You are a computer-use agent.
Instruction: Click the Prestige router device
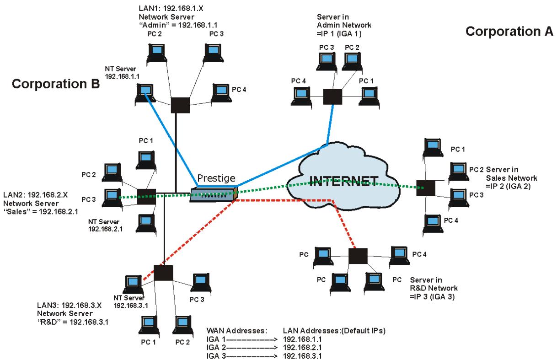click(214, 194)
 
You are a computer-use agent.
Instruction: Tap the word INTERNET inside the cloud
click(343, 181)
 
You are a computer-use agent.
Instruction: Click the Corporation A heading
click(509, 32)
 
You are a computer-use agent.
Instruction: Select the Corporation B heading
click(56, 84)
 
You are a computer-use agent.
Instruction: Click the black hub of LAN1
click(180, 105)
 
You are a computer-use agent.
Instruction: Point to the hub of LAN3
click(163, 273)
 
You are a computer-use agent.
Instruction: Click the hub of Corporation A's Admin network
click(332, 97)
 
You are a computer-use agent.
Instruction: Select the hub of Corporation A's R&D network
click(358, 256)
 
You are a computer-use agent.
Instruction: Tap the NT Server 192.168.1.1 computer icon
click(145, 94)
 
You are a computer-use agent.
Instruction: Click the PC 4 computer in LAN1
click(221, 94)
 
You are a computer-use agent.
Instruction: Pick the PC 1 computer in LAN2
click(146, 161)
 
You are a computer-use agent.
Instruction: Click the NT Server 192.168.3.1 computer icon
click(133, 285)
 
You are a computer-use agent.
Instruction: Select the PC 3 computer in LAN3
click(201, 283)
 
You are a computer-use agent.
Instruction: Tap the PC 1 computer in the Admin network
click(369, 97)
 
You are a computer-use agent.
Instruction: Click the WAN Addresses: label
click(237, 331)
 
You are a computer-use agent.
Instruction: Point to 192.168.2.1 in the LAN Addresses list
click(302, 348)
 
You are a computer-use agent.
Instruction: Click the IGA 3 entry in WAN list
click(216, 356)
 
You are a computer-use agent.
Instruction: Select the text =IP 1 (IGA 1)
click(339, 33)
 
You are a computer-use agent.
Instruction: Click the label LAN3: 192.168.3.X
click(69, 305)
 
